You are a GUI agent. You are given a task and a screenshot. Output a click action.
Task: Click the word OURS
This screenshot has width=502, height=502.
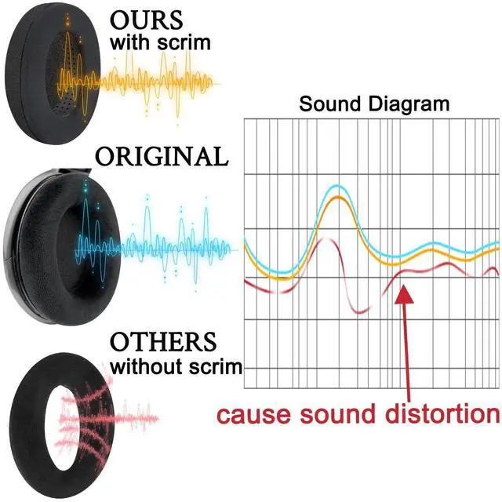pyautogui.click(x=147, y=20)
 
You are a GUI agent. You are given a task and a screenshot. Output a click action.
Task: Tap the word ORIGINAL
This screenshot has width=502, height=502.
pyautogui.click(x=162, y=156)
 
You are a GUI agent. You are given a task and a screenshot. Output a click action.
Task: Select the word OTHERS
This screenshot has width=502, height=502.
pyautogui.click(x=163, y=342)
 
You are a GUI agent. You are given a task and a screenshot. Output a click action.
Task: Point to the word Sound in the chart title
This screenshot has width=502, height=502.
pyautogui.click(x=329, y=104)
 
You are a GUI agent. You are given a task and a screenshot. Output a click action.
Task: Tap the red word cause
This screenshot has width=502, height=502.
pyautogui.click(x=255, y=415)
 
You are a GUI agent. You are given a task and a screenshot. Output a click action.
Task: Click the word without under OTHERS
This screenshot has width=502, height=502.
pyautogui.click(x=147, y=366)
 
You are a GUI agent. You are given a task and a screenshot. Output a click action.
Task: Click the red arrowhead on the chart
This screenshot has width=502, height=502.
pyautogui.click(x=404, y=294)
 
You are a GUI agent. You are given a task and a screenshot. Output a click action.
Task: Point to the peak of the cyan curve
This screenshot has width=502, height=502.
pyautogui.click(x=337, y=186)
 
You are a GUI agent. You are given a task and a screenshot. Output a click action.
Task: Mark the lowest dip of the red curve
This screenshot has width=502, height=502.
pyautogui.click(x=361, y=312)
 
